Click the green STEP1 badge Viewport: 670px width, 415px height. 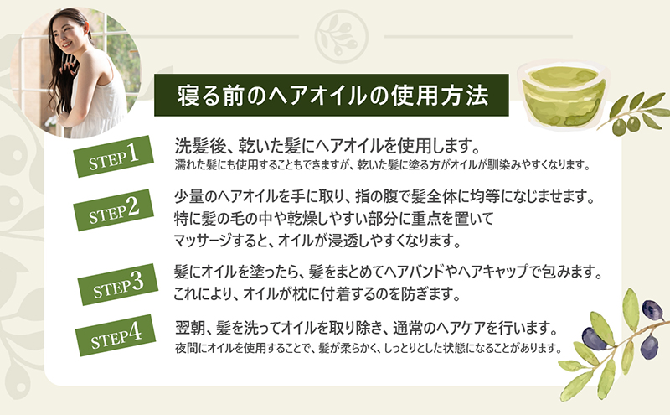point(113,156)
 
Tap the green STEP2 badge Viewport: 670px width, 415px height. point(113,210)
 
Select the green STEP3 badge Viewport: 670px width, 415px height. point(118,284)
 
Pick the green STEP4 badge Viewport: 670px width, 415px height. point(116,335)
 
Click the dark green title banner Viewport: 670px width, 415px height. point(331,95)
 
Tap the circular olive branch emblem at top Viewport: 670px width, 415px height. point(342,37)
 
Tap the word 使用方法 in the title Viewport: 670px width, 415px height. point(441,95)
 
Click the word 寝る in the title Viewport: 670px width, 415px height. point(198,95)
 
